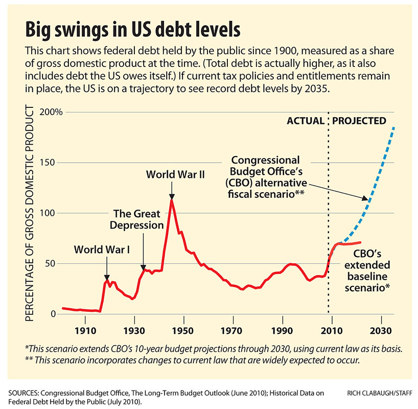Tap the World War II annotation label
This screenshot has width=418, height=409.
[x=175, y=174]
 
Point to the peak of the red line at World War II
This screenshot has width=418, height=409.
[x=172, y=199]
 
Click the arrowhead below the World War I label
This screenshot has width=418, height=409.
[x=106, y=275]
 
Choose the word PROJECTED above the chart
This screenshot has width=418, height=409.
[x=359, y=121]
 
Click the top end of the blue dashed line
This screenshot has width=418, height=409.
[x=394, y=127]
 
